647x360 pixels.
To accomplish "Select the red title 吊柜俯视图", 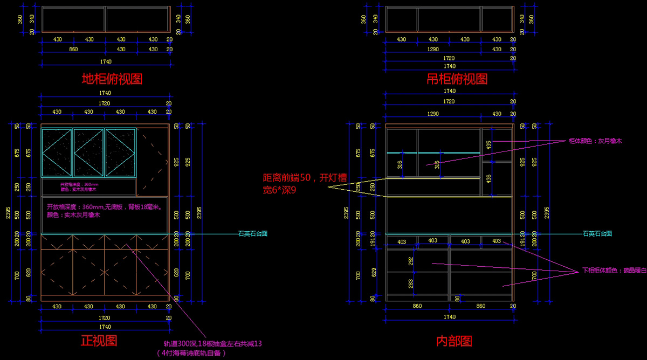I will (x=457, y=79).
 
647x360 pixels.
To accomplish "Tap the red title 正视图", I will (x=99, y=340).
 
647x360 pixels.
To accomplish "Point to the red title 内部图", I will (x=454, y=341).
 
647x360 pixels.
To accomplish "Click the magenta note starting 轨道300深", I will (x=212, y=343).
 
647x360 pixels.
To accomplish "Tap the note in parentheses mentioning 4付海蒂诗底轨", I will (x=191, y=353).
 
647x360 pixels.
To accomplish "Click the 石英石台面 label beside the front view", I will (x=253, y=234).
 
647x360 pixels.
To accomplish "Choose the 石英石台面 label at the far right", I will (x=597, y=234).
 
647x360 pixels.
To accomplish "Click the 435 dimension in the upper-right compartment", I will (x=488, y=145).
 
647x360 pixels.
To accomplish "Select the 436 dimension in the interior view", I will (x=488, y=178).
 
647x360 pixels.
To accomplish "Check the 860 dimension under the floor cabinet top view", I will (x=73, y=49).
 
